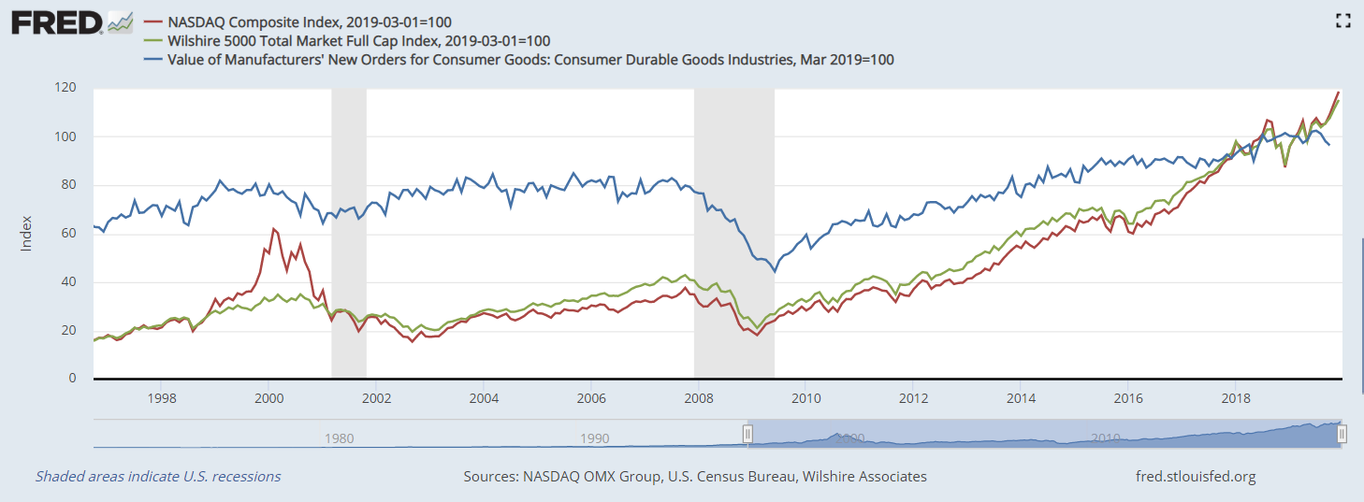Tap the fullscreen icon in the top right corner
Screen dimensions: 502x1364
(1342, 21)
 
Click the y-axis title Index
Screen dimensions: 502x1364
(26, 234)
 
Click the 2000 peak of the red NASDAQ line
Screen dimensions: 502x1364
(273, 228)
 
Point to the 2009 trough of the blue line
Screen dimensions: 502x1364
(774, 272)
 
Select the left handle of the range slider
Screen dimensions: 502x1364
(747, 434)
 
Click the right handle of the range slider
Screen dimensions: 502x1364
(1342, 434)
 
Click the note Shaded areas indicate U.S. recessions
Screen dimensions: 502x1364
(158, 477)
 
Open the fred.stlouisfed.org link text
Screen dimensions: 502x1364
(1194, 477)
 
